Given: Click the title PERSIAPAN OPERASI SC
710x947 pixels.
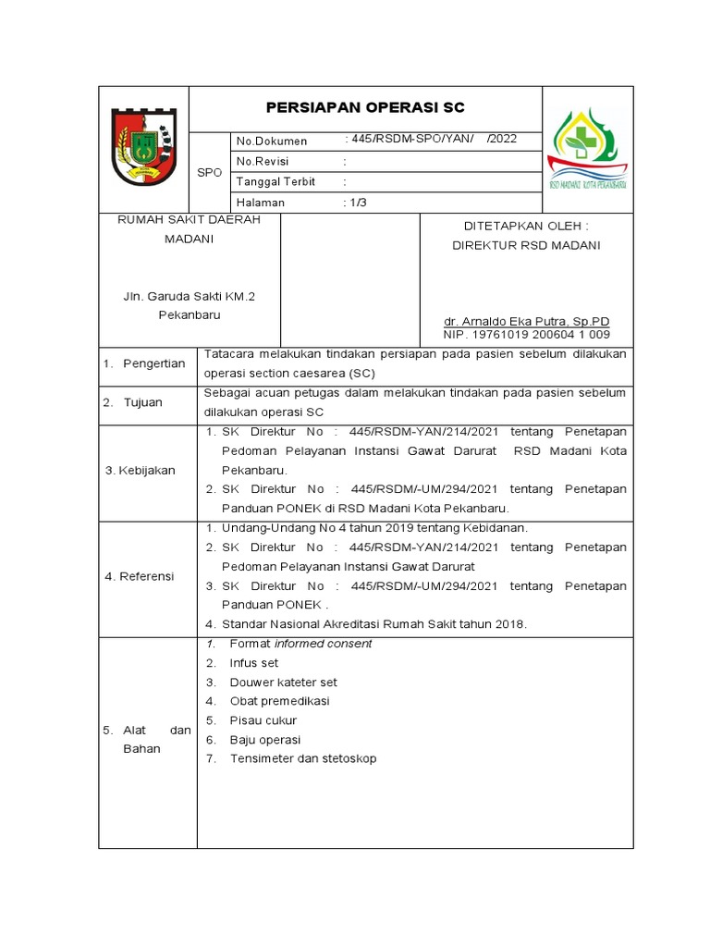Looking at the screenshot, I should pos(365,108).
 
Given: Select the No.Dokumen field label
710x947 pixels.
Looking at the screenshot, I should pos(272,141).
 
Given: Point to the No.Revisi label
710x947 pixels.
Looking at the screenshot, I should pos(263,161).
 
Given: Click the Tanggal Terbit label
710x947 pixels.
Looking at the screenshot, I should pos(276,181).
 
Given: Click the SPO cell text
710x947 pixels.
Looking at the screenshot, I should pos(210,172).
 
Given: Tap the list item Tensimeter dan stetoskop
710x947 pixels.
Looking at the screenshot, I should pos(290,758).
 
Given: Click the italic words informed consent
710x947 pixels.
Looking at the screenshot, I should pos(315,644).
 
